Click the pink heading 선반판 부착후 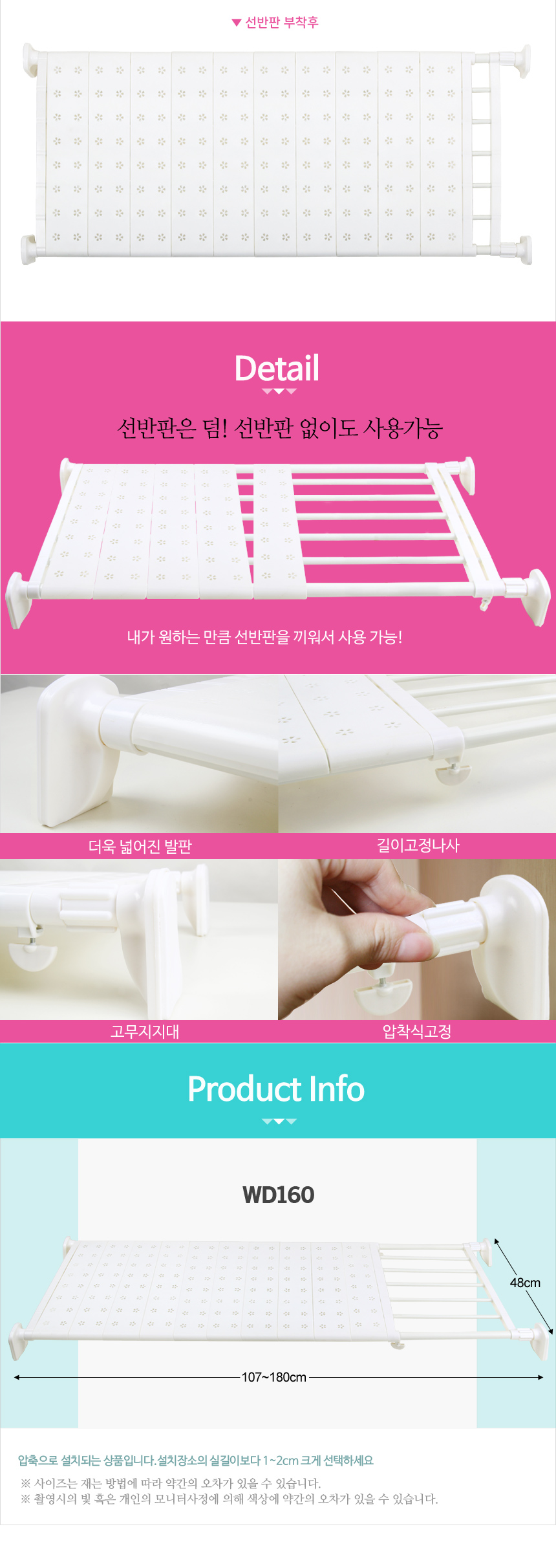[x=282, y=23]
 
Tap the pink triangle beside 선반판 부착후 [x=237, y=23]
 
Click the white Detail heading [x=277, y=368]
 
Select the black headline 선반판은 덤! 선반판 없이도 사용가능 [x=279, y=428]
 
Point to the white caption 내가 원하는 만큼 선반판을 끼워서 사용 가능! [x=264, y=637]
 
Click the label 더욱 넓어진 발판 [x=140, y=846]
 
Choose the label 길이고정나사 [x=418, y=845]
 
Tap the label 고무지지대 [x=145, y=1031]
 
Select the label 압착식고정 [x=417, y=1031]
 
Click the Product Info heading [x=276, y=1089]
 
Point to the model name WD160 [x=278, y=1195]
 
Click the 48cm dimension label [x=525, y=1283]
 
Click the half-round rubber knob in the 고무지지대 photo [x=32, y=955]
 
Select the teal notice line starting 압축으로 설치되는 [x=196, y=1460]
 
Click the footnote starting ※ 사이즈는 [x=171, y=1483]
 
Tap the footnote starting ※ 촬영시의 [x=230, y=1499]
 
